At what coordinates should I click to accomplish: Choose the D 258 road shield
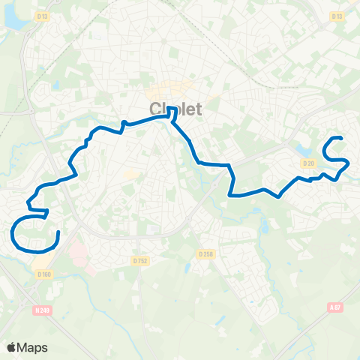pyautogui.click(x=206, y=254)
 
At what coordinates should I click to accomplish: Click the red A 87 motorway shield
pyautogui.click(x=334, y=306)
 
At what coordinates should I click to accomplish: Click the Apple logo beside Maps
pyautogui.click(x=12, y=347)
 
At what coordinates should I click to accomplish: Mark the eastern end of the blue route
pyautogui.click(x=342, y=138)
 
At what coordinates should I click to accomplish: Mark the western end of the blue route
pyautogui.click(x=58, y=232)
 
